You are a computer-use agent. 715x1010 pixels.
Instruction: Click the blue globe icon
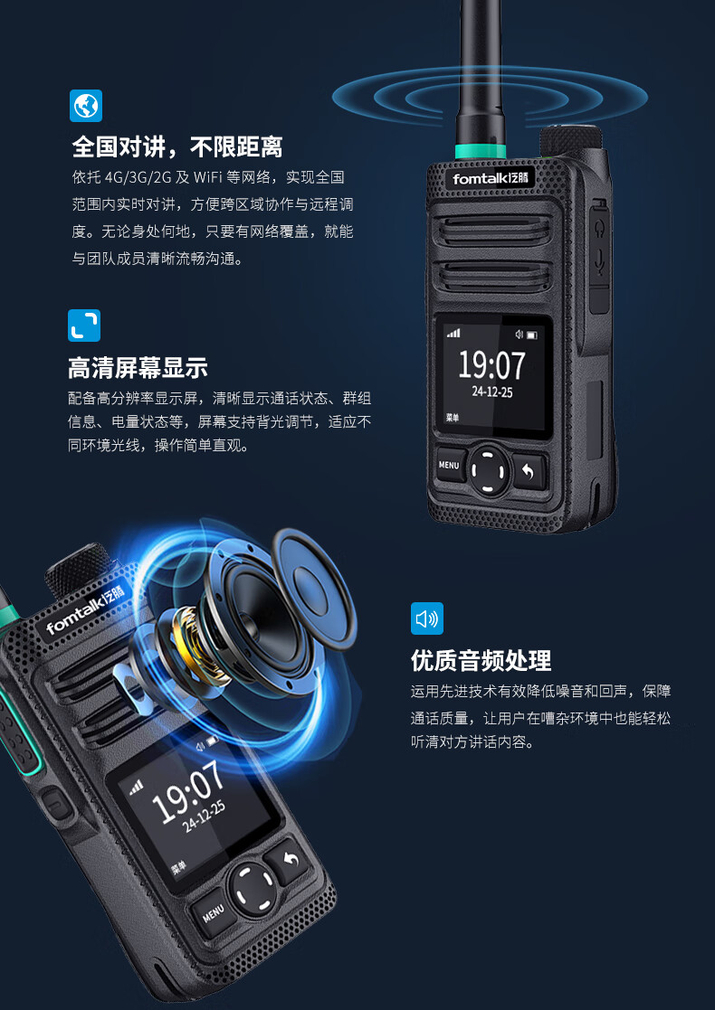pos(86,106)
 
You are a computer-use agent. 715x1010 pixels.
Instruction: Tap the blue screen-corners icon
pos(84,326)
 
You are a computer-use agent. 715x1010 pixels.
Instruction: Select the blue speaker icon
pos(427,618)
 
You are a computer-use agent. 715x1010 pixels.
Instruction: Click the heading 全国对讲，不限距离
pos(177,147)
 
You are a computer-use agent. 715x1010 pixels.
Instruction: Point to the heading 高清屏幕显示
pos(138,368)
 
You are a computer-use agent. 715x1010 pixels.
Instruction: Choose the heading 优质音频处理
pos(481,661)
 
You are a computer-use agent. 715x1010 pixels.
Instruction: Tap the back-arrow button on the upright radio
pos(529,471)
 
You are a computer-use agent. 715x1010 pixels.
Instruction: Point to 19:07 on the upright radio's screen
pos(491,365)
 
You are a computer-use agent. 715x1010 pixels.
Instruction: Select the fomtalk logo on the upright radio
pos(491,178)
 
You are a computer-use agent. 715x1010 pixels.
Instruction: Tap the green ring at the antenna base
pos(481,151)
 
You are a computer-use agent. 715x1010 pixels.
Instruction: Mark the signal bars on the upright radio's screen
pos(453,333)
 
